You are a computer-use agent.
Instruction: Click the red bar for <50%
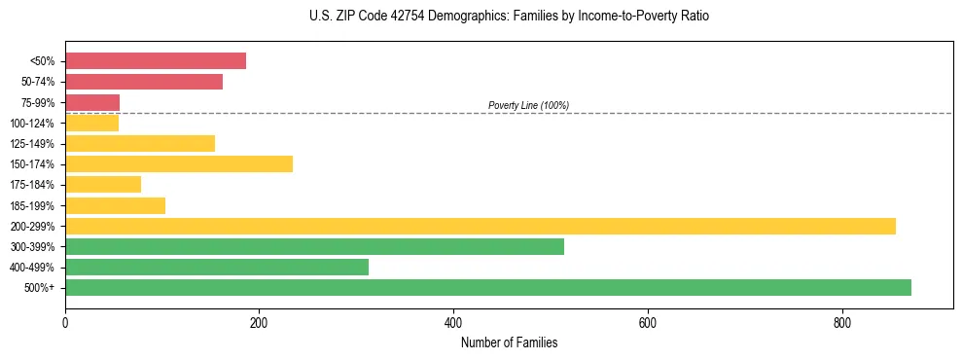[x=156, y=61]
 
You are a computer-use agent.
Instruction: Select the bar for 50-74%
[x=144, y=82]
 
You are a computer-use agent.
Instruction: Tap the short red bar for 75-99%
[x=92, y=102]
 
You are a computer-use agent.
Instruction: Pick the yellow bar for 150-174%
[x=179, y=163]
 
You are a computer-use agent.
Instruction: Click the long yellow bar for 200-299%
[x=481, y=226]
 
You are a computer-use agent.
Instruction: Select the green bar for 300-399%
[x=314, y=246]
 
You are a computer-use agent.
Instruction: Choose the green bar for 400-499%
[x=217, y=267]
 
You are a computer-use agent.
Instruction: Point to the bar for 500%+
[x=488, y=287]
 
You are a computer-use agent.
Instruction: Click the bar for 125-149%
[x=140, y=143]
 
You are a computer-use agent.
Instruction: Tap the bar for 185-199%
[x=115, y=205]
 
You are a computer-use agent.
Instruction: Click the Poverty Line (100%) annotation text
[x=528, y=105]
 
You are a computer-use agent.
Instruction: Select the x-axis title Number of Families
[x=509, y=342]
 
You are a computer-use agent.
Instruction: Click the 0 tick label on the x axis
[x=65, y=322]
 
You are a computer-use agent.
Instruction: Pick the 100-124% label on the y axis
[x=32, y=124]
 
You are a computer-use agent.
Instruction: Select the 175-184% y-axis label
[x=32, y=185]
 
